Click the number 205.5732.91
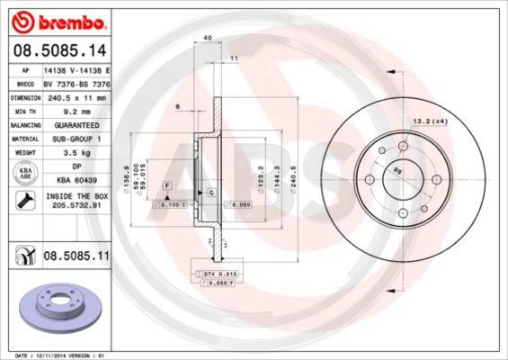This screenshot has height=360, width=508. (x=76, y=204)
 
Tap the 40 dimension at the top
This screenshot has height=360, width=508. (x=208, y=38)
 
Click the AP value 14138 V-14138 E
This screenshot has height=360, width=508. (x=76, y=68)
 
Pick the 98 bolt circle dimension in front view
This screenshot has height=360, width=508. (x=398, y=174)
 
